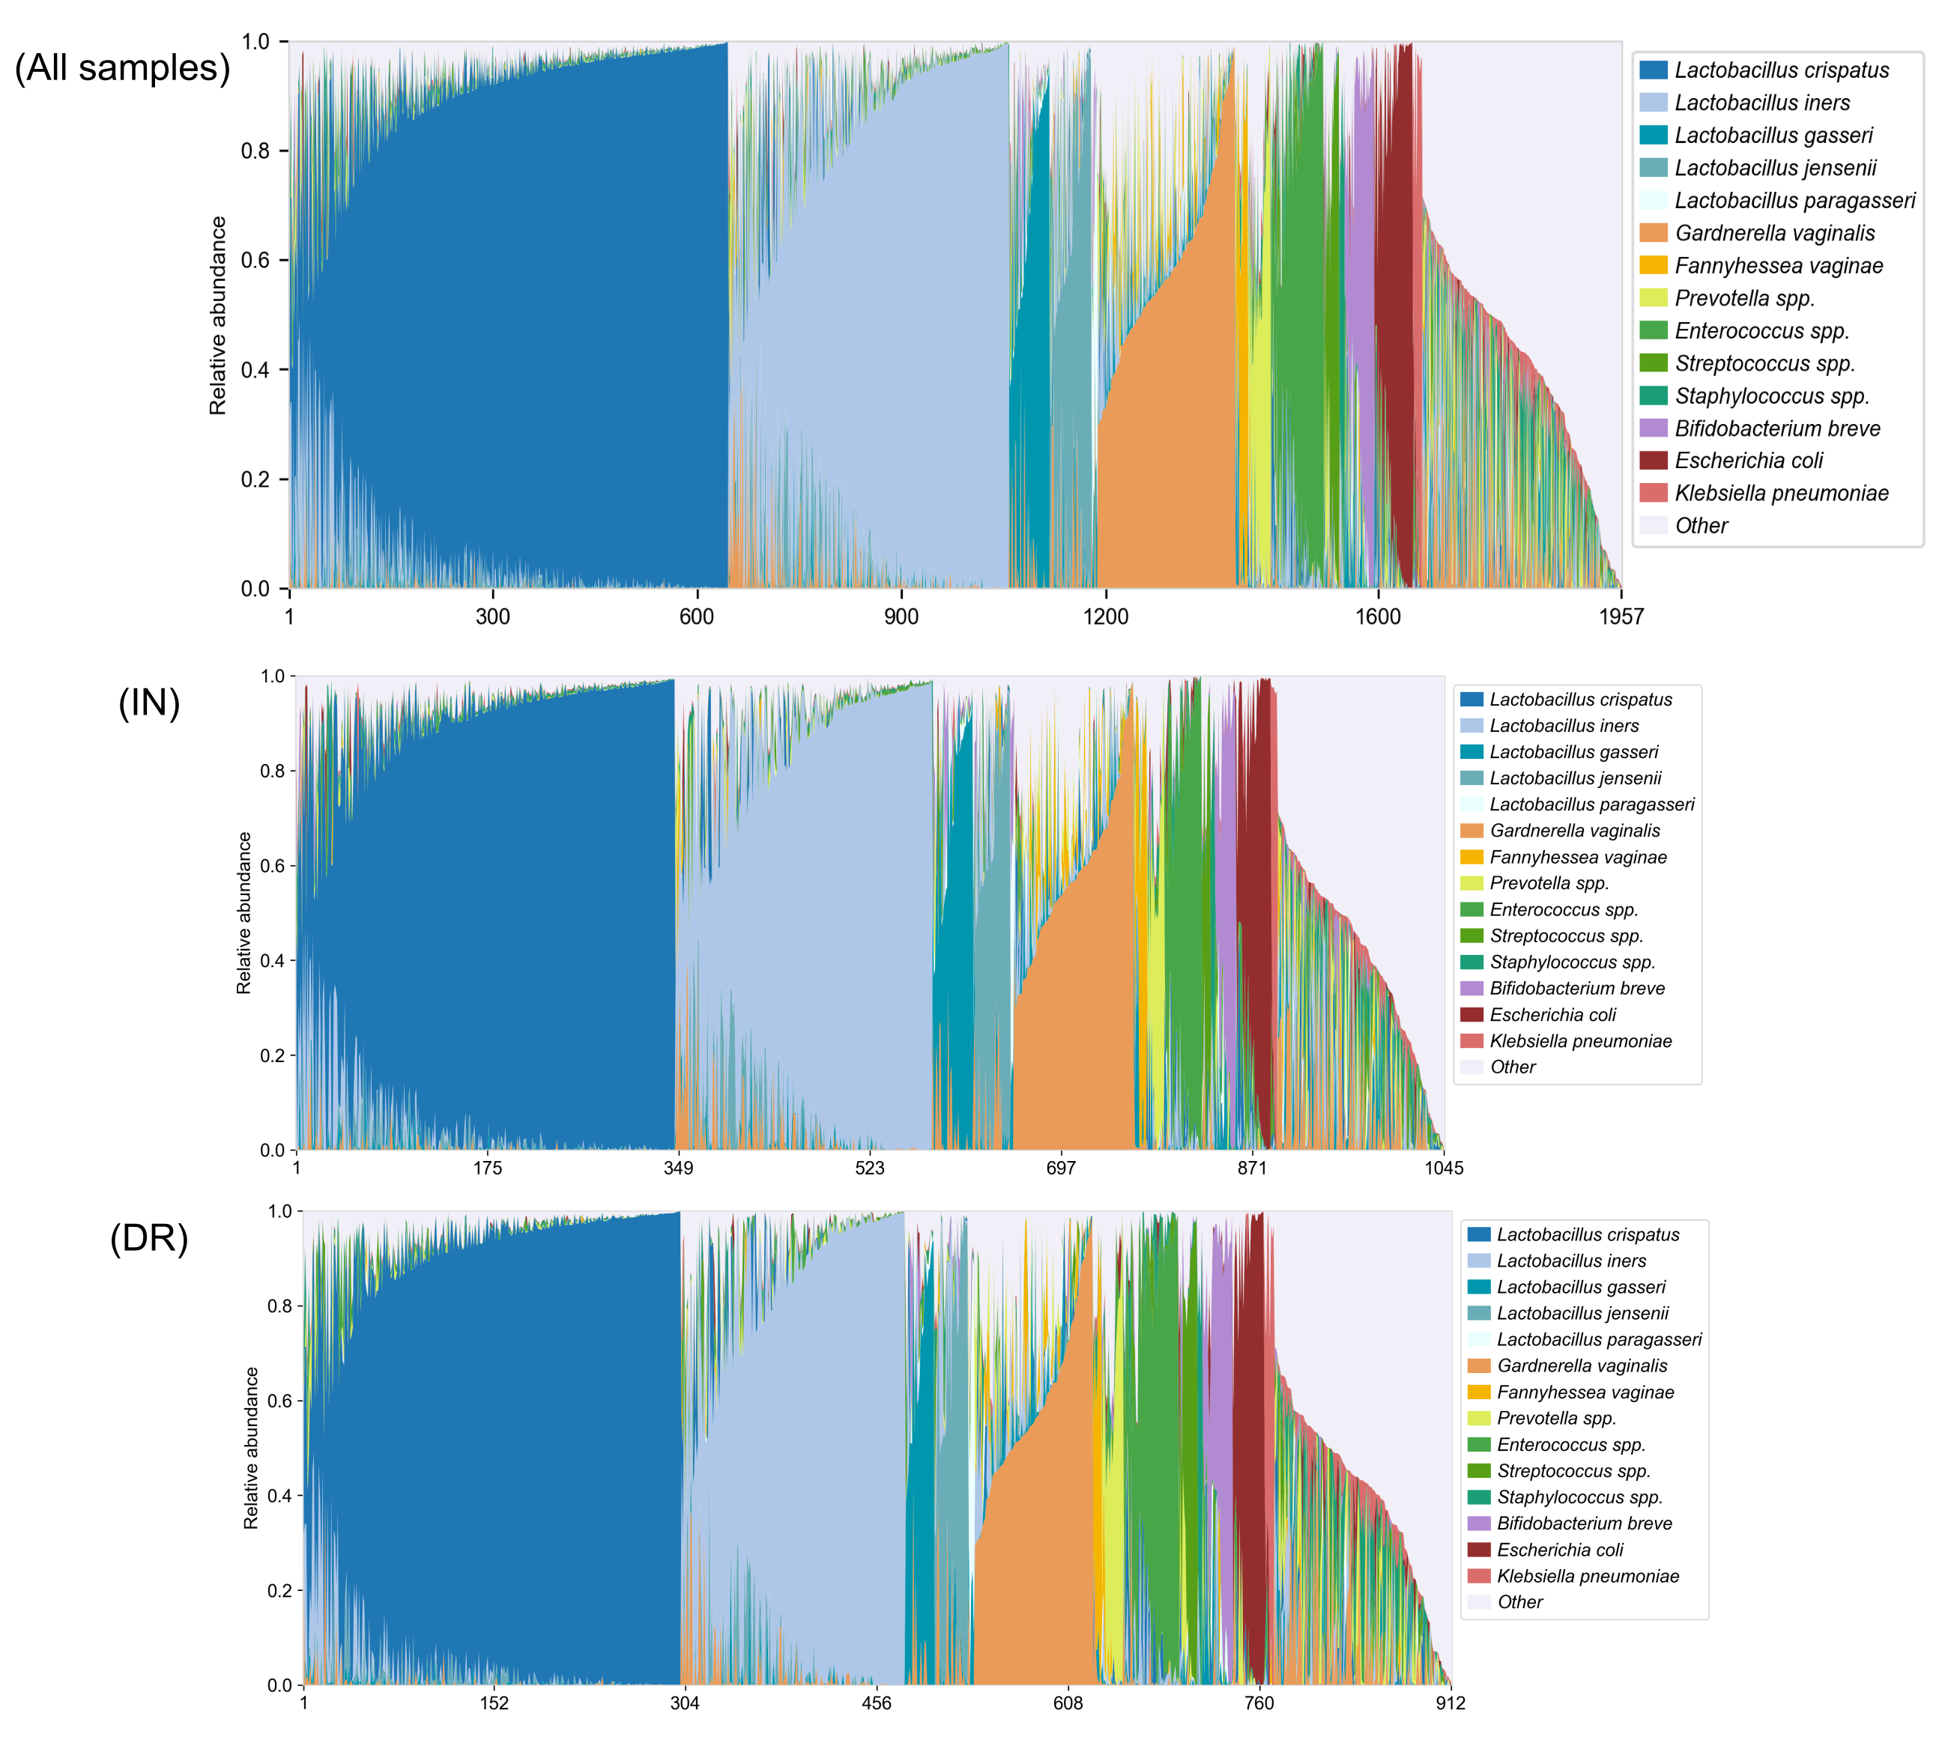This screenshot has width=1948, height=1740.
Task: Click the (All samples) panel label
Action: (122, 69)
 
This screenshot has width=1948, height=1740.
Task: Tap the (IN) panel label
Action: (149, 703)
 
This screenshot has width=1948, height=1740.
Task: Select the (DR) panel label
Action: (149, 1238)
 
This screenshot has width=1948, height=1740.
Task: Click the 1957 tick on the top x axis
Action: (1621, 616)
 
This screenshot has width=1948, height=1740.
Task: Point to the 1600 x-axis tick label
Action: (1377, 616)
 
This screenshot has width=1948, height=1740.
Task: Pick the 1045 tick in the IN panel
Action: (1443, 1167)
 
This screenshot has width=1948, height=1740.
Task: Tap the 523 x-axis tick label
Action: (869, 1167)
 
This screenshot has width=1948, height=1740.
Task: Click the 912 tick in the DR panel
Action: (1450, 1703)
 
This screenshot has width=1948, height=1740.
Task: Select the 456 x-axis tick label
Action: (876, 1703)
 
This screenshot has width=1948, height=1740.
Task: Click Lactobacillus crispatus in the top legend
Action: (1782, 70)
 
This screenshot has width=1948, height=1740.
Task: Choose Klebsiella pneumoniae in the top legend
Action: (1782, 494)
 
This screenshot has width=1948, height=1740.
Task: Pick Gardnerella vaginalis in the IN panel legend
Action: (1575, 831)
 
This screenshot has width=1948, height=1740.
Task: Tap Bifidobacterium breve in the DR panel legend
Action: (1585, 1523)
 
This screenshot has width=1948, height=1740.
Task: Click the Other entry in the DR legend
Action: (1519, 1602)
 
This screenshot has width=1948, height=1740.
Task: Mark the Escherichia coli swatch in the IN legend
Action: (1471, 1014)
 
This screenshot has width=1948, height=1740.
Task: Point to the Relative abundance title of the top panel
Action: (218, 315)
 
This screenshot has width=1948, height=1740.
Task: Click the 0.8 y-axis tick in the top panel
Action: (255, 151)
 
